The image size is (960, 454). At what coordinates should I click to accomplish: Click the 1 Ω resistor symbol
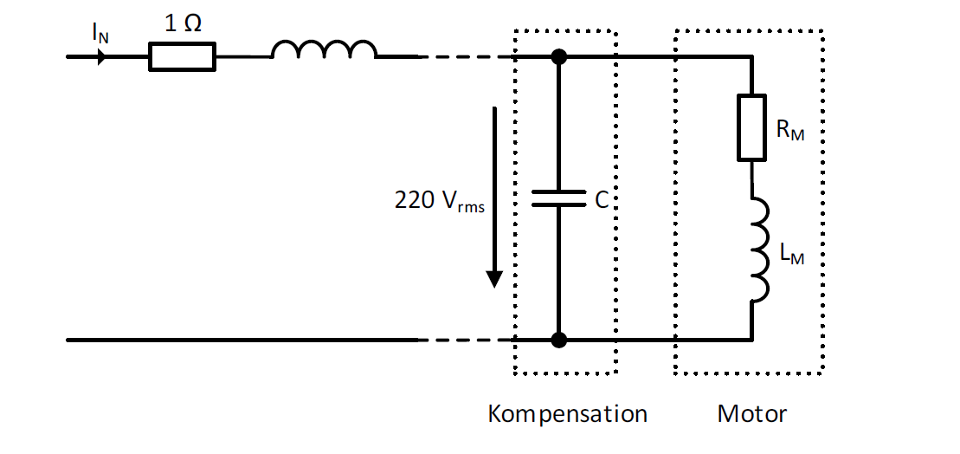[183, 57]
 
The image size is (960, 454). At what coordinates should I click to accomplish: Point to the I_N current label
[100, 32]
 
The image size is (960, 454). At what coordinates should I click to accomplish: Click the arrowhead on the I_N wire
[101, 57]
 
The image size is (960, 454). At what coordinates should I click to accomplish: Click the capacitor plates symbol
[558, 198]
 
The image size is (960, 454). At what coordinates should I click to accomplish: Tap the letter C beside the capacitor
[602, 200]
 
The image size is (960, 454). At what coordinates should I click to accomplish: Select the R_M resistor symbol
[752, 127]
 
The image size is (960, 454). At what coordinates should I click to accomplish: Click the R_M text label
[789, 131]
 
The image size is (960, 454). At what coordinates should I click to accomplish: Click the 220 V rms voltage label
[440, 201]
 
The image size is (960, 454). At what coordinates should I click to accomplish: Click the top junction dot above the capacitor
[558, 57]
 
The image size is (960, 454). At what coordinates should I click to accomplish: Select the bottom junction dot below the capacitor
[558, 340]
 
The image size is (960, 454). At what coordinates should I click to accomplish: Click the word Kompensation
[568, 414]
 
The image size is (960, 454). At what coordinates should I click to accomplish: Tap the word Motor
[752, 414]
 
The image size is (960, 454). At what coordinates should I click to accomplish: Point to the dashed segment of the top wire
[467, 57]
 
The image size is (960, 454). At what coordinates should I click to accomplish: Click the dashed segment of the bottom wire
[467, 340]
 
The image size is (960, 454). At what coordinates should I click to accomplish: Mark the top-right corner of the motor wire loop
[752, 57]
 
